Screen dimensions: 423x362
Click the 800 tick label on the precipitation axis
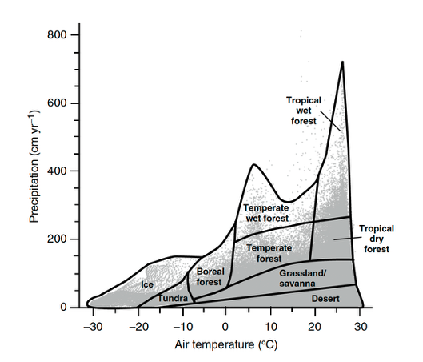click(x=57, y=35)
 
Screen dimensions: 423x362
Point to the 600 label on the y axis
click(x=57, y=103)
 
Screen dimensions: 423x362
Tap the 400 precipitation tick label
click(x=57, y=171)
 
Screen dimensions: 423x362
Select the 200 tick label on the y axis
click(x=57, y=239)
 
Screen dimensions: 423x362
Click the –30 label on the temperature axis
click(x=93, y=327)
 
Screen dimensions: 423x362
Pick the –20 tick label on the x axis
click(x=138, y=327)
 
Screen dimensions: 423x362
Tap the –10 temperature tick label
click(x=183, y=327)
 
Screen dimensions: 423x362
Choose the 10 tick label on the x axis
click(x=271, y=327)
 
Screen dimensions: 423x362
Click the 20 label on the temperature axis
click(x=315, y=327)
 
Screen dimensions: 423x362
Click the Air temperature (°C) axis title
click(x=226, y=345)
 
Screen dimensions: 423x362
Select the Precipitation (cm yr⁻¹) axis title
click(x=34, y=166)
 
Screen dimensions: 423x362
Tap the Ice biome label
click(x=147, y=284)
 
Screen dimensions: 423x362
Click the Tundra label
click(x=173, y=298)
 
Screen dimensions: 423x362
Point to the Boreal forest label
click(x=210, y=276)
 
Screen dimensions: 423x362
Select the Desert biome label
click(x=325, y=299)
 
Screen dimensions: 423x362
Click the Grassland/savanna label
click(x=302, y=278)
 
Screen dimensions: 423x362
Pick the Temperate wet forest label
click(x=266, y=213)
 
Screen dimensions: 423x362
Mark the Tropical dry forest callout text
click(x=377, y=239)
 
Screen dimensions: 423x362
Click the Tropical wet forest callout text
click(x=304, y=111)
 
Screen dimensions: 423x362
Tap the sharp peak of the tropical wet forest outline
click(x=342, y=62)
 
